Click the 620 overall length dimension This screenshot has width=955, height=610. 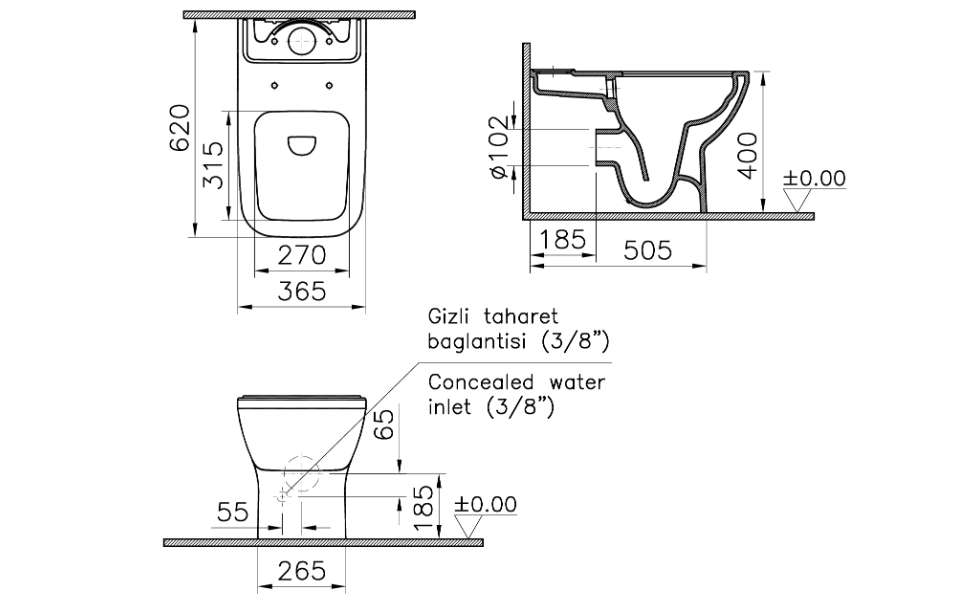pyautogui.click(x=180, y=128)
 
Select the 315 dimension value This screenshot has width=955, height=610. pyautogui.click(x=214, y=165)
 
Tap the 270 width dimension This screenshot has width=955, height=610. pyautogui.click(x=302, y=256)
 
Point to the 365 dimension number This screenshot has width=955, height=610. pyautogui.click(x=302, y=292)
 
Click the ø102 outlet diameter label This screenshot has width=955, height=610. pyautogui.click(x=499, y=148)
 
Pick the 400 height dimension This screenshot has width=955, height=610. pyautogui.click(x=748, y=155)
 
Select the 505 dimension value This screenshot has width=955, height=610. pyautogui.click(x=648, y=250)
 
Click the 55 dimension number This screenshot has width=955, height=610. pyautogui.click(x=233, y=512)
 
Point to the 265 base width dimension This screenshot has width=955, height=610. pyautogui.click(x=302, y=571)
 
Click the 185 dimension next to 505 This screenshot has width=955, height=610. pyautogui.click(x=562, y=239)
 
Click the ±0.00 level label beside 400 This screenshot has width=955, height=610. pyautogui.click(x=814, y=178)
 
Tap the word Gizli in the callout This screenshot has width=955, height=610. pyautogui.click(x=449, y=317)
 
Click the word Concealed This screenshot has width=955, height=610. pyautogui.click(x=481, y=382)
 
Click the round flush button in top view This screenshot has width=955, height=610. pyautogui.click(x=302, y=41)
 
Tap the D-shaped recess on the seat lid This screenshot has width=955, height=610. pyautogui.click(x=301, y=146)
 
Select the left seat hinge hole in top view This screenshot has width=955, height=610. pyautogui.click(x=275, y=85)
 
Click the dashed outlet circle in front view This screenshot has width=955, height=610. pyautogui.click(x=301, y=474)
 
